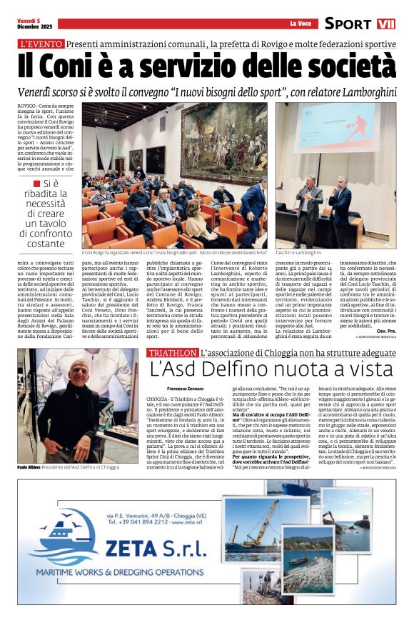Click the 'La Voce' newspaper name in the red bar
click(301, 24)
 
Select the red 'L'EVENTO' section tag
click(41, 44)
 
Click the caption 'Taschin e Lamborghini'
click(298, 252)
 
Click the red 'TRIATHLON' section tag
click(172, 354)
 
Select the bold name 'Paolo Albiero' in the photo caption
click(32, 466)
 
